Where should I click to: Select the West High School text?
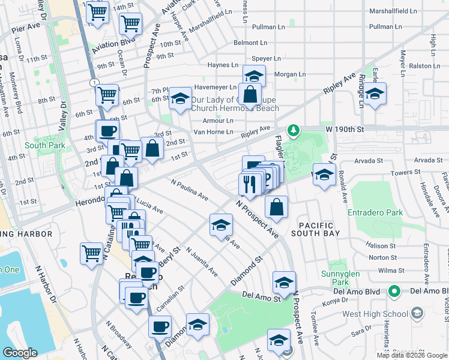[x=374, y=314]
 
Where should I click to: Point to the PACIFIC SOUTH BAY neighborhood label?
[x=319, y=228]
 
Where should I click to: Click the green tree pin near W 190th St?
[x=293, y=130]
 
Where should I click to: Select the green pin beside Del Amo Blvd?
[x=394, y=292]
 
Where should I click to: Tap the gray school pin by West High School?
[x=416, y=314]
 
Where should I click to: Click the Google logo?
[x=20, y=353]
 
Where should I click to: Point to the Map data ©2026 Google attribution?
[x=412, y=355]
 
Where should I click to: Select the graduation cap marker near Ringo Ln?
[x=375, y=95]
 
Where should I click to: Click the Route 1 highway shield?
[x=94, y=82]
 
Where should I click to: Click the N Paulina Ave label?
[x=190, y=190]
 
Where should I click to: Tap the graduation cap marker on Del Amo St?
[x=284, y=281]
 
